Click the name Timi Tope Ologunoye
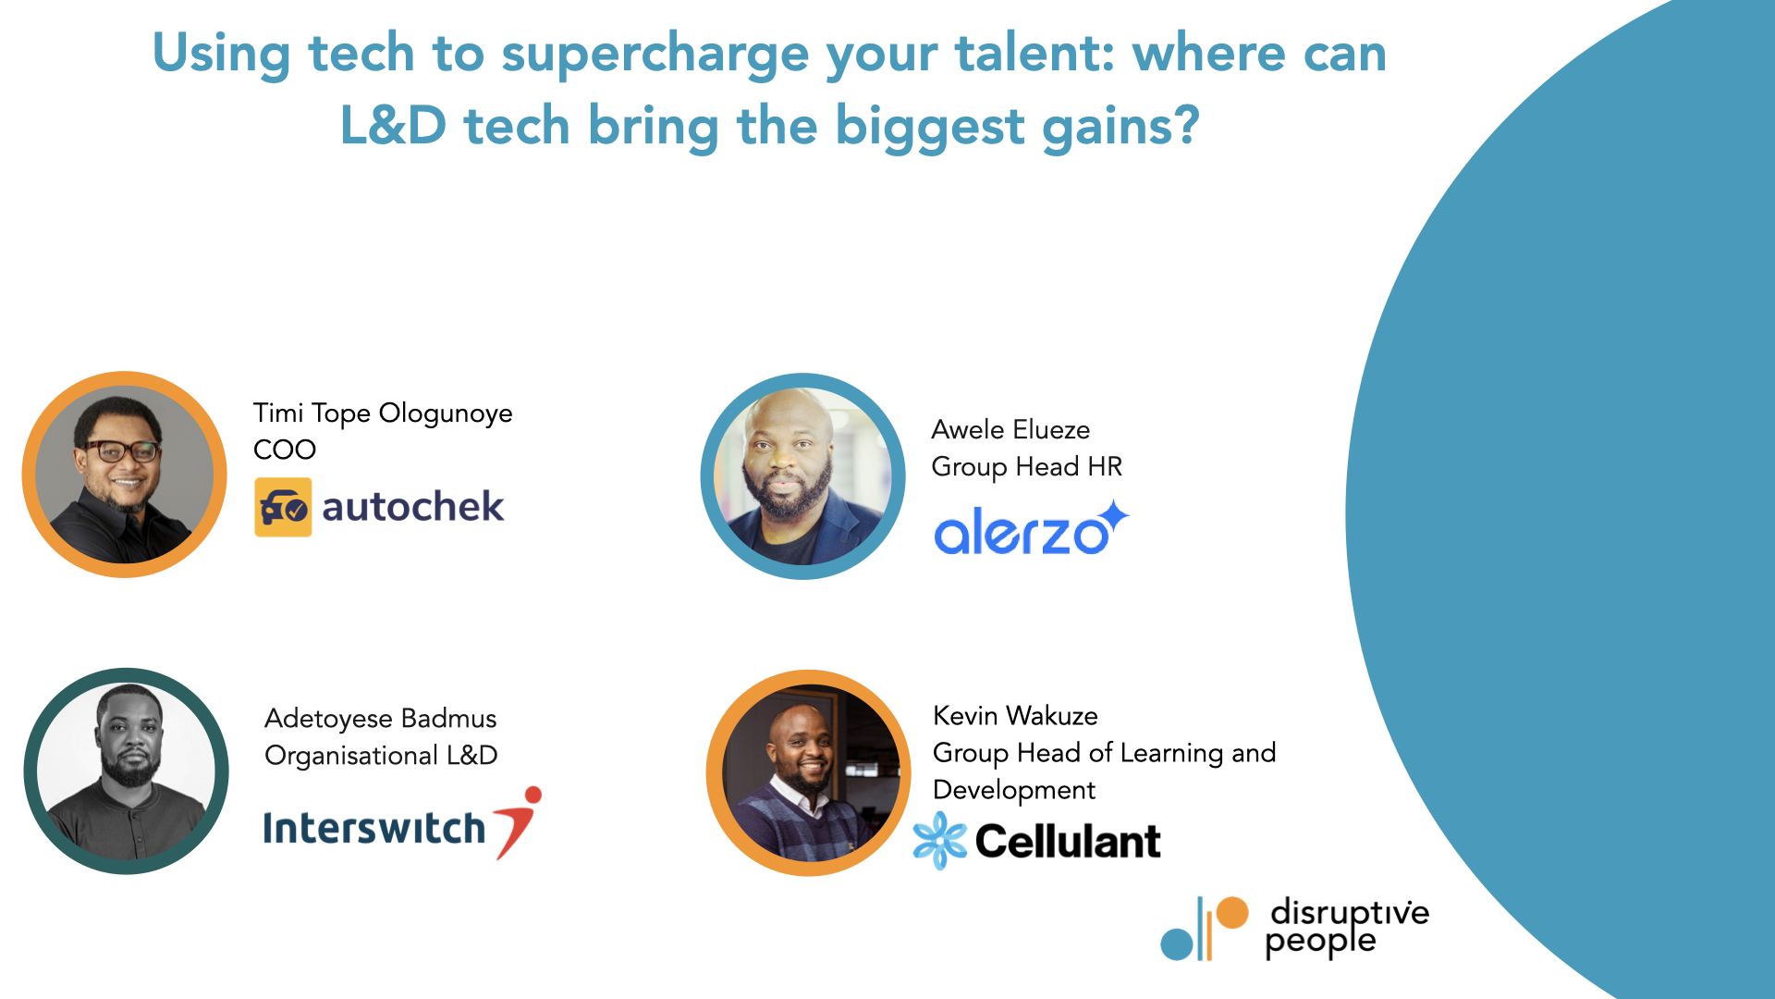383,413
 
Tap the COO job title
285,450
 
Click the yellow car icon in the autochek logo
283,507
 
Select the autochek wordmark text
412,507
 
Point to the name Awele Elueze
1010,429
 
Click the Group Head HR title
1026,466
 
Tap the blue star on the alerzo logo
1114,516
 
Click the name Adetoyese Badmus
380,719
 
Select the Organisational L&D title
381,756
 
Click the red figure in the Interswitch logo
520,819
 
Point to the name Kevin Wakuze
1015,716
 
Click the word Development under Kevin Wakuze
1013,790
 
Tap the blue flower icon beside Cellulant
939,840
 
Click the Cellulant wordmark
1068,841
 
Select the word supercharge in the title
655,54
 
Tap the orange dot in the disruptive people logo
1231,913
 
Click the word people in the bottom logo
1320,942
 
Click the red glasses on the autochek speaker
121,451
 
